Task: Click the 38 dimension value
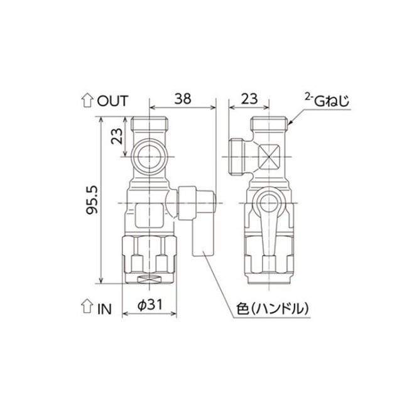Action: (183, 99)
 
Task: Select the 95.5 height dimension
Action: (92, 200)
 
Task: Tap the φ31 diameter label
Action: (150, 305)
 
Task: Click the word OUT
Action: (112, 100)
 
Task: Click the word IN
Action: (105, 309)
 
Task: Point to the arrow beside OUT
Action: (87, 100)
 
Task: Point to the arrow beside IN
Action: (87, 306)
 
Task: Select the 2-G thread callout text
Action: (327, 100)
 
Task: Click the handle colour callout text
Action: (273, 309)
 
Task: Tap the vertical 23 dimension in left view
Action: (117, 136)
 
